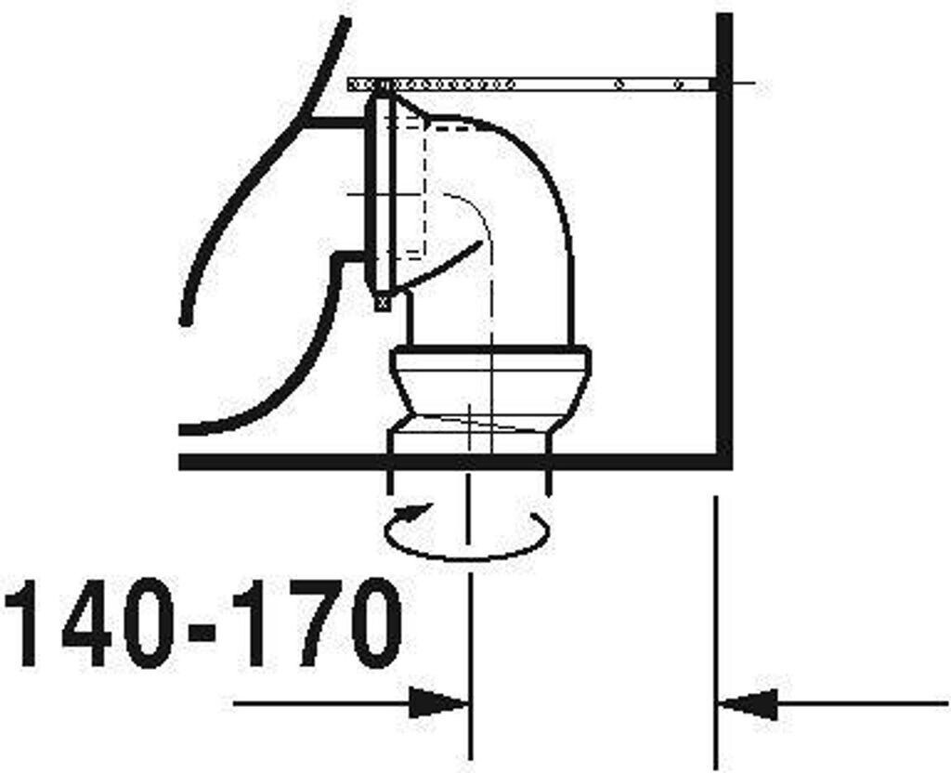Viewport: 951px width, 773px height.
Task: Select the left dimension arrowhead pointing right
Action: [x=438, y=704]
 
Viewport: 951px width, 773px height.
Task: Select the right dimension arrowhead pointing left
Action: [x=749, y=704]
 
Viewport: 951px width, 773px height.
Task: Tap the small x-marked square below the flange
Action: [x=382, y=301]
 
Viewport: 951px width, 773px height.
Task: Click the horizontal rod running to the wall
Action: [x=530, y=85]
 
